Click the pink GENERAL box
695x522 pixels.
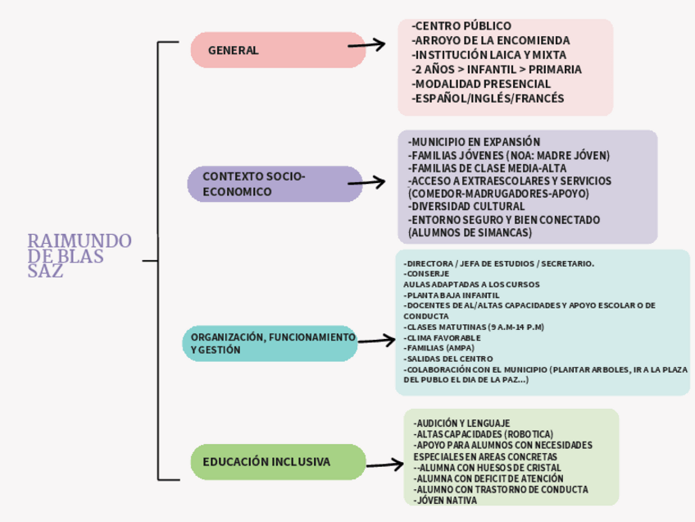[x=277, y=50]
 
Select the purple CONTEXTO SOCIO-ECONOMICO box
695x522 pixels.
[x=275, y=184]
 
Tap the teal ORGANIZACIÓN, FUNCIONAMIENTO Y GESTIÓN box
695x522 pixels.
[x=270, y=343]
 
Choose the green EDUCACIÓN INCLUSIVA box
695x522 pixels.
[x=278, y=462]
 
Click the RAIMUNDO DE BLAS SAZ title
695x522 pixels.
[x=79, y=255]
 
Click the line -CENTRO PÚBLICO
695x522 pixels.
[x=461, y=26]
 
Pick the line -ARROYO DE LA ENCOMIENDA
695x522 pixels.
[x=490, y=40]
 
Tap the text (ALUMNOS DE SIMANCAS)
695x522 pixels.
[x=470, y=232]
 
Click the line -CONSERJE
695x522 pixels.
[x=426, y=273]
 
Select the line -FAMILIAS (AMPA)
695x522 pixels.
[x=438, y=347]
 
